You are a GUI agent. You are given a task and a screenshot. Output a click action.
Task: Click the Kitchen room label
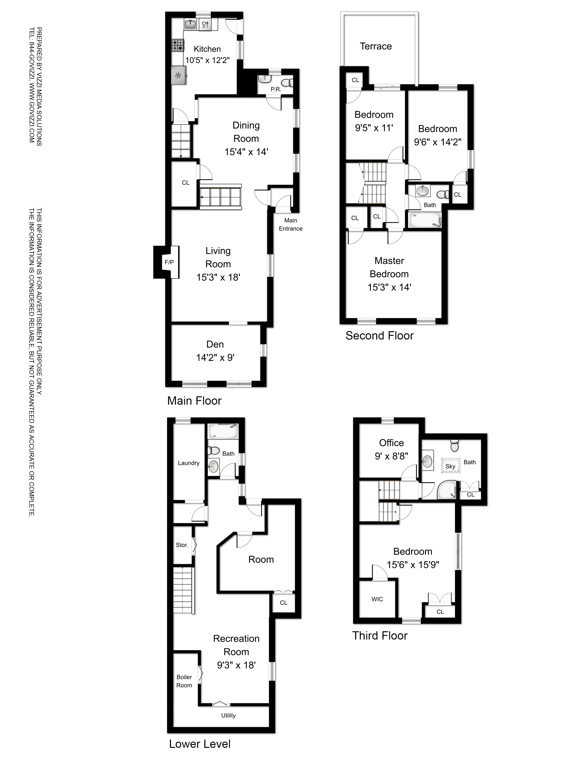pos(207,49)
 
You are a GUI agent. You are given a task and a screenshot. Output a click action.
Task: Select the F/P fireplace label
pos(169,262)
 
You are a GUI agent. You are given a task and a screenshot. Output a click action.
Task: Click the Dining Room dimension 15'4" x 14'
pos(246,152)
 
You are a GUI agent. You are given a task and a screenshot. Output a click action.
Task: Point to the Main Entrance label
pos(291,225)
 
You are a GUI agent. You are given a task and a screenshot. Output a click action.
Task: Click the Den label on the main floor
pos(215,344)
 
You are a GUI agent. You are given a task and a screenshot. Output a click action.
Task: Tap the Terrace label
pos(376,46)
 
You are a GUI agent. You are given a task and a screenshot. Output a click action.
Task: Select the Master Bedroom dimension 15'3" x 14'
pos(389,287)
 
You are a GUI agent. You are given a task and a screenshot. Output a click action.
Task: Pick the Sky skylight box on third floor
pos(450,466)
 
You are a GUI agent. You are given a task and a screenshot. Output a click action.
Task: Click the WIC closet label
pos(377,599)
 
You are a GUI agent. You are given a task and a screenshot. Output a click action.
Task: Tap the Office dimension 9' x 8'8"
pos(391,456)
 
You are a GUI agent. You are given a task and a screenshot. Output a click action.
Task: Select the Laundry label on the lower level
pos(189,463)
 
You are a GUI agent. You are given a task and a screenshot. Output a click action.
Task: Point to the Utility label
pos(228,715)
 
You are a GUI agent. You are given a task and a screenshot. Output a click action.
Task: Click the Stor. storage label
pos(182,545)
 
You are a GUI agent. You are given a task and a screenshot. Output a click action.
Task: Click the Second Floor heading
pos(379,336)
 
